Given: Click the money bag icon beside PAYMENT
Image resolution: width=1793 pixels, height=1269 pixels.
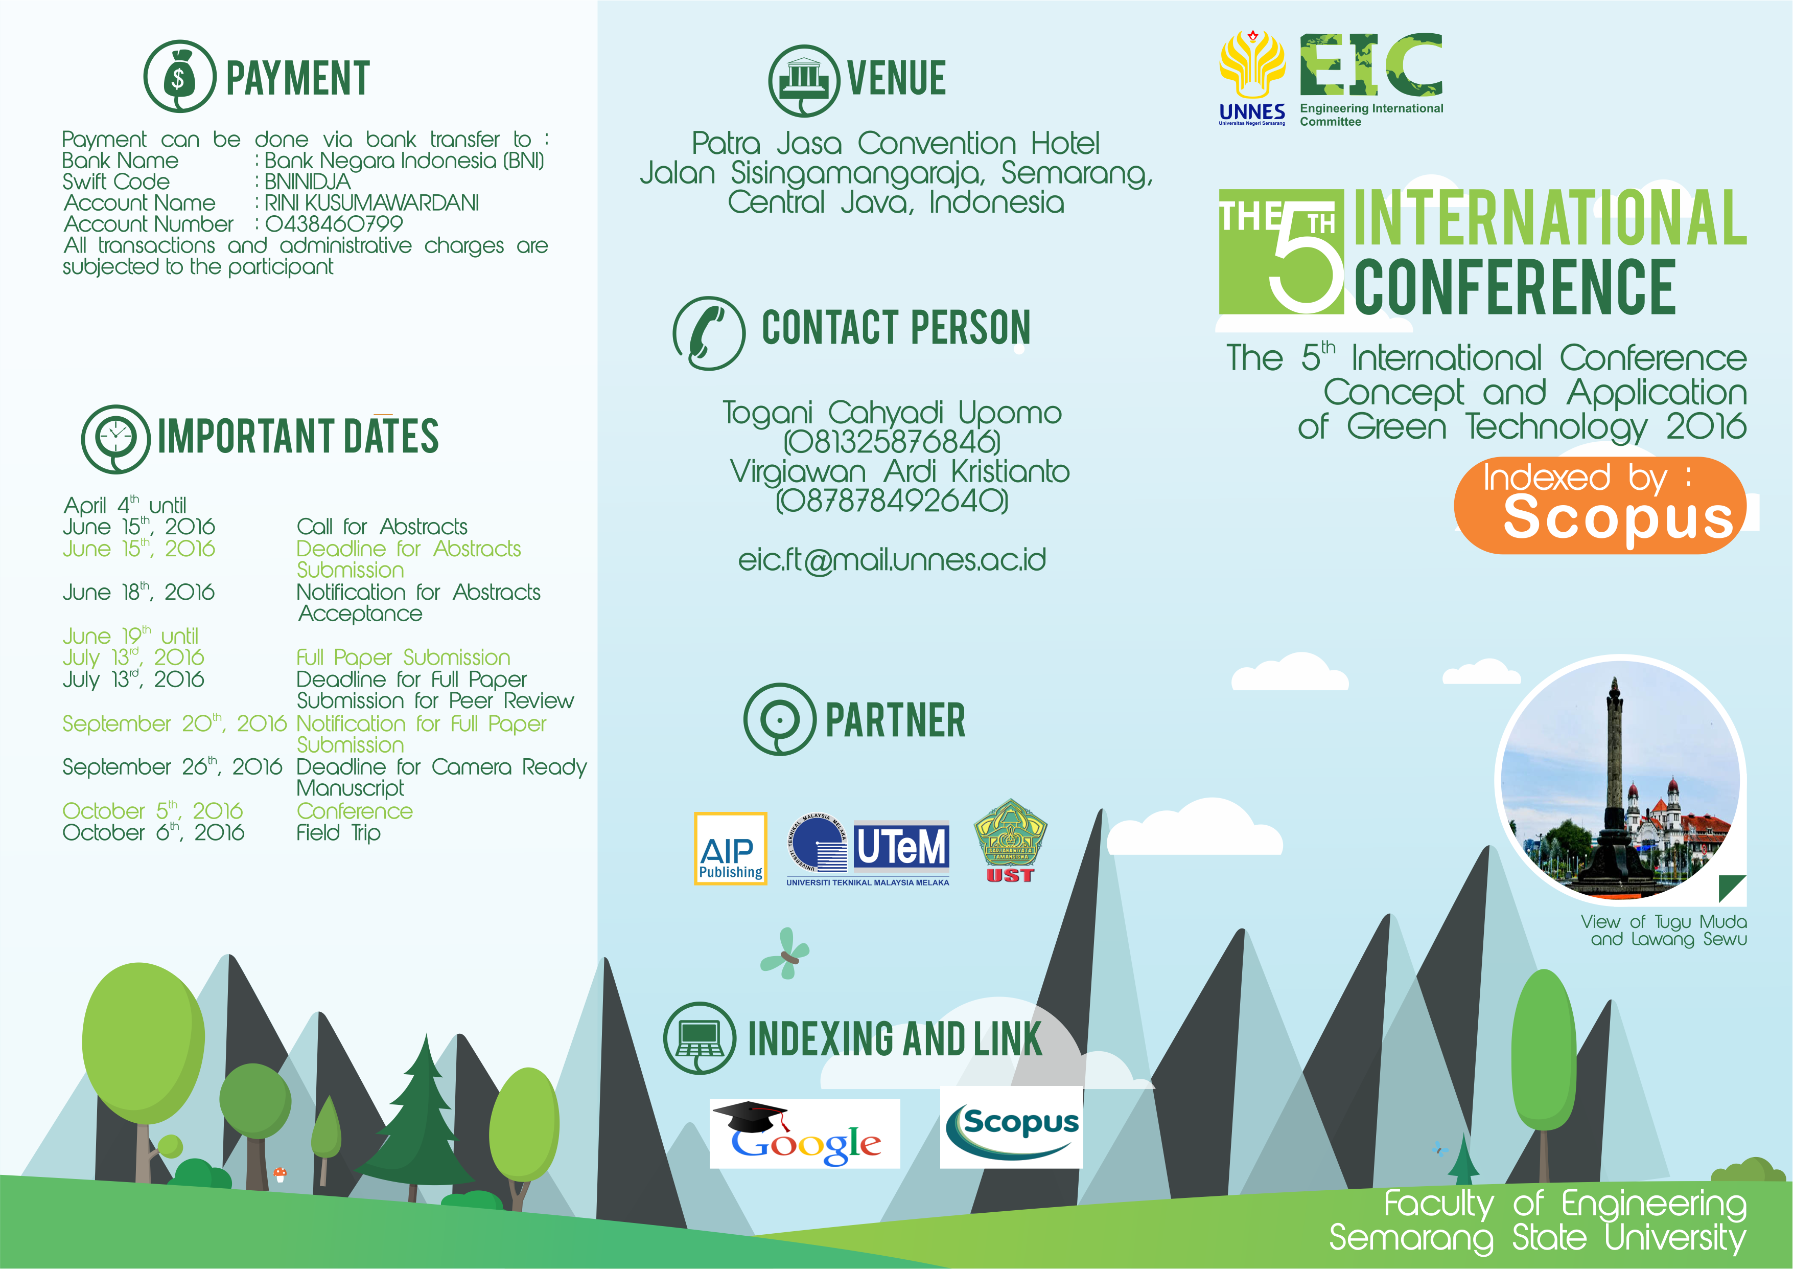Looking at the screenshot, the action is pyautogui.click(x=180, y=77).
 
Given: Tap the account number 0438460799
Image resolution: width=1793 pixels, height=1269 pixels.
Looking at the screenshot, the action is pyautogui.click(x=334, y=224).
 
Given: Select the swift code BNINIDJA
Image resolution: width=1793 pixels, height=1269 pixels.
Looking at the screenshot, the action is pyautogui.click(x=307, y=182).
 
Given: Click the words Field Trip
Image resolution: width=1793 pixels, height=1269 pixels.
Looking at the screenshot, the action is pyautogui.click(x=338, y=833).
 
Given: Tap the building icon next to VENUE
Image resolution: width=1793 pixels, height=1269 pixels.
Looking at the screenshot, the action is pyautogui.click(x=804, y=80).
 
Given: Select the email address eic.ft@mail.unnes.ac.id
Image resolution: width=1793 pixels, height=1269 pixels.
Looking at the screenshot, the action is pyautogui.click(x=892, y=560).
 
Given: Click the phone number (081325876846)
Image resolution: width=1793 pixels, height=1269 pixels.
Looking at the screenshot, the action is pyautogui.click(x=892, y=442).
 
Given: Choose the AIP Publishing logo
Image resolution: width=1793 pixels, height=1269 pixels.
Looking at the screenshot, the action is pyautogui.click(x=731, y=849).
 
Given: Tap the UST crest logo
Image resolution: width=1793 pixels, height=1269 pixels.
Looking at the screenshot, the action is pyautogui.click(x=1011, y=842).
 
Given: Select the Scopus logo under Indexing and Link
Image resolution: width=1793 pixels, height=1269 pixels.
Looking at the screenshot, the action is pyautogui.click(x=1011, y=1127).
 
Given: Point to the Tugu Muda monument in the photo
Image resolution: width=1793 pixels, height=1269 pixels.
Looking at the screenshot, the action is pyautogui.click(x=1613, y=789).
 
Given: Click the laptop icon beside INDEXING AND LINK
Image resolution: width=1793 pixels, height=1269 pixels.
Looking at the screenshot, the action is pyautogui.click(x=700, y=1038).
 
